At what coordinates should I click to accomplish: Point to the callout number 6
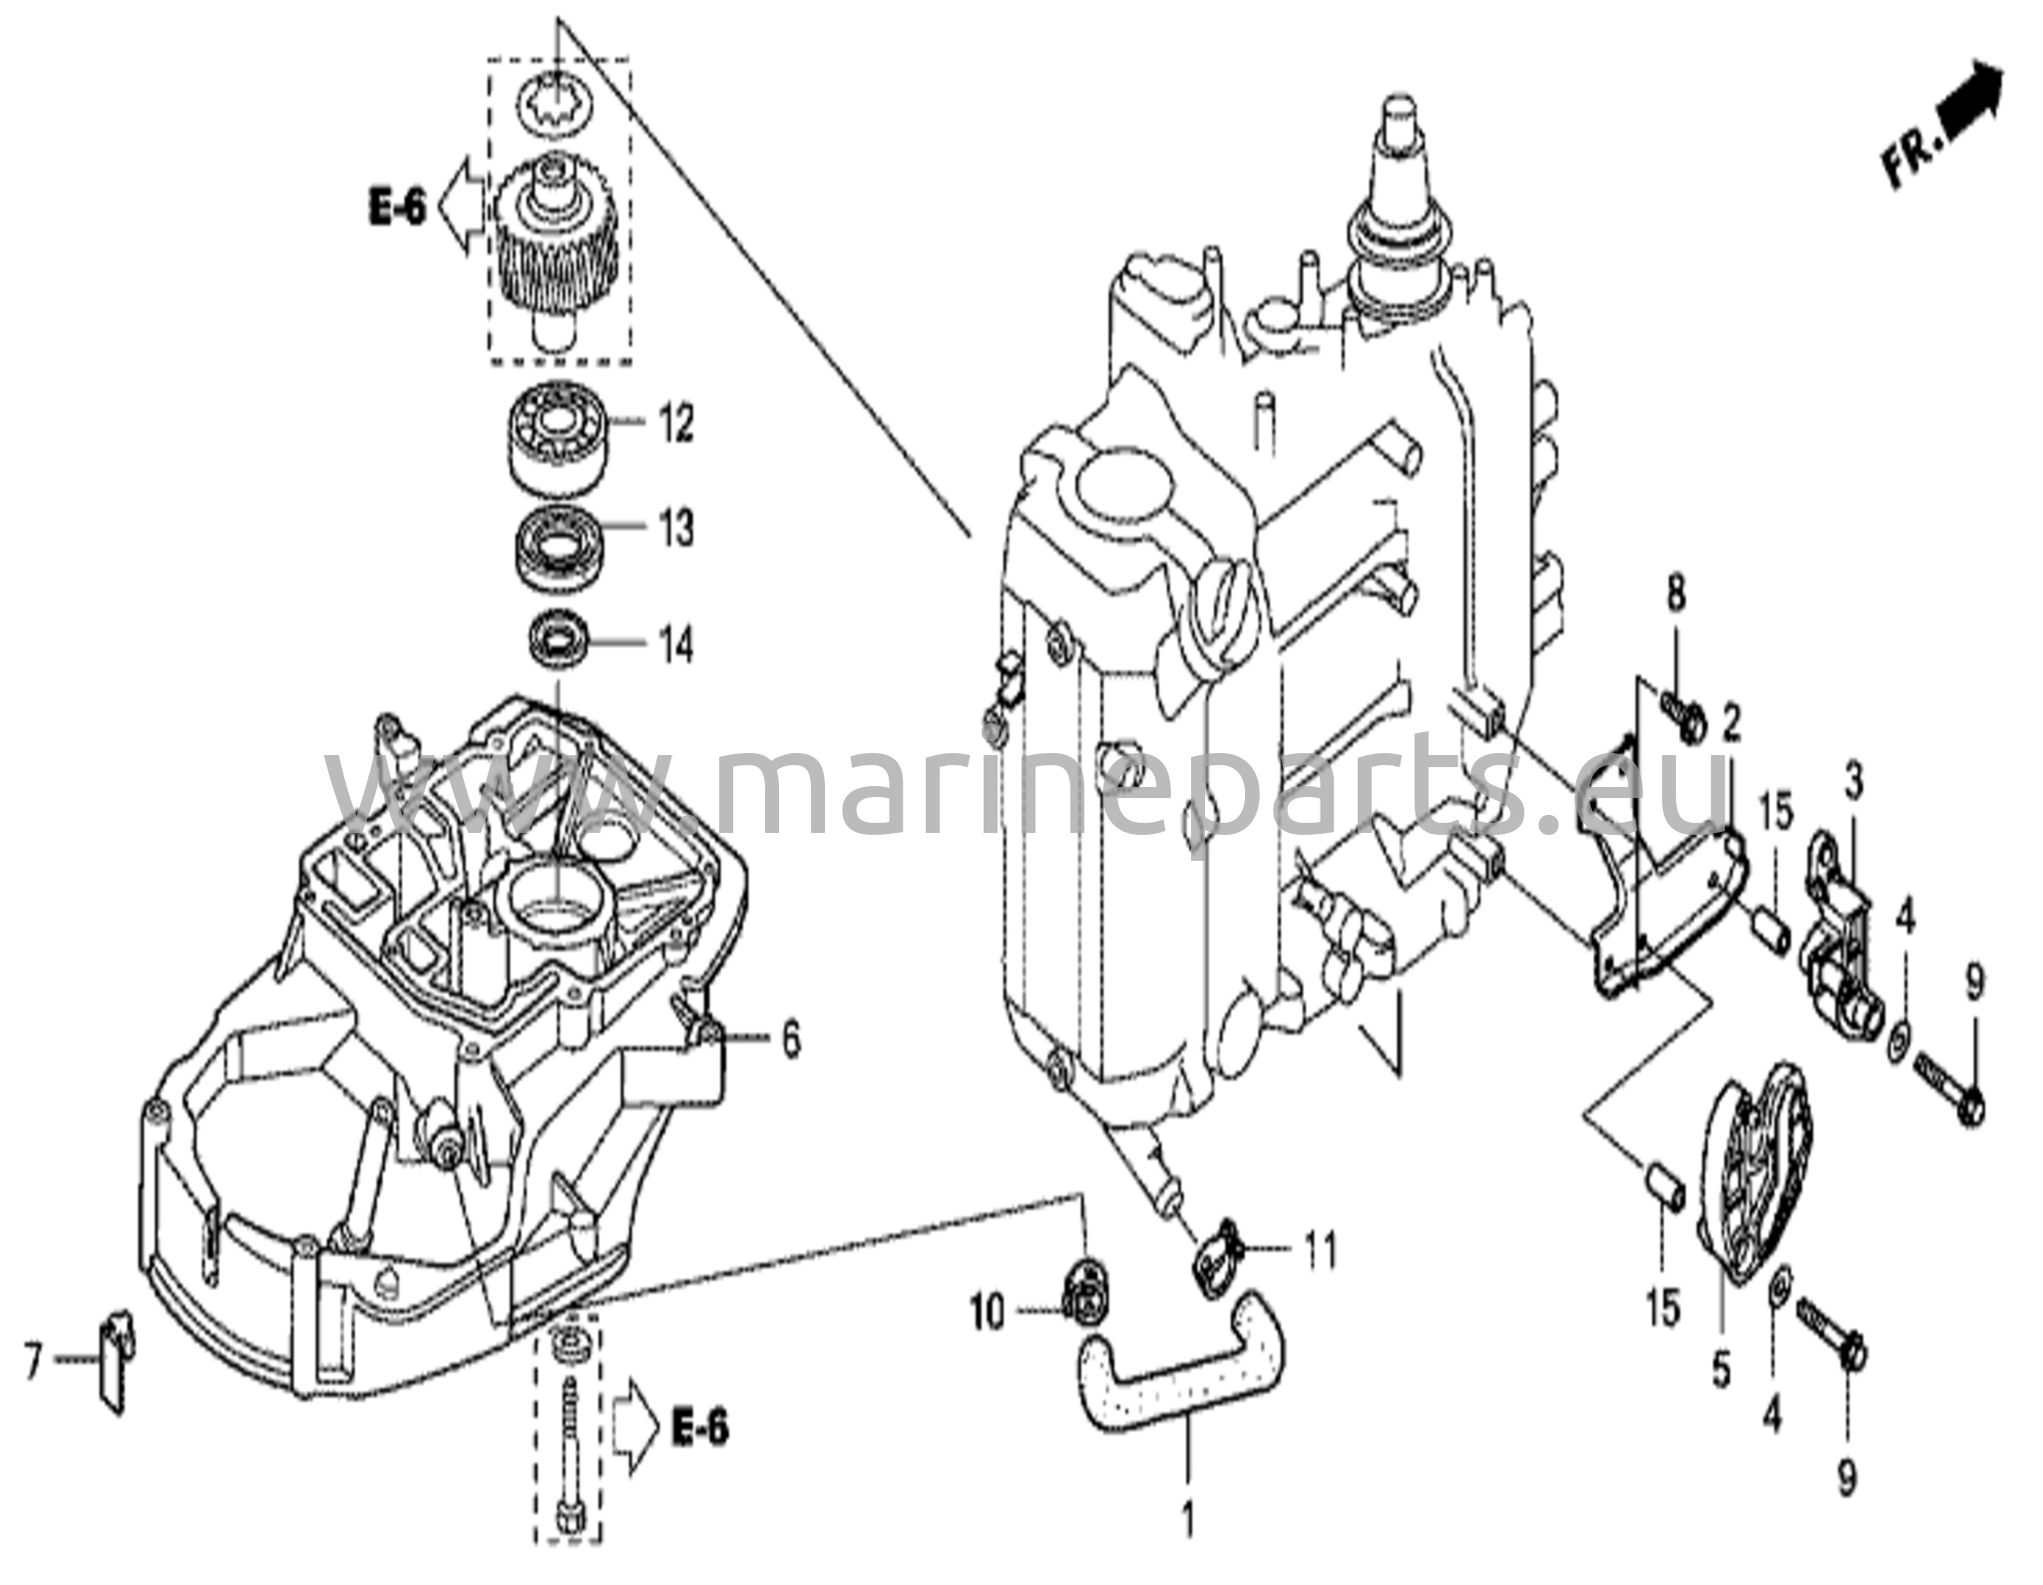pyautogui.click(x=790, y=1041)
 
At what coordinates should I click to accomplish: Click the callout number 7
pyautogui.click(x=33, y=1361)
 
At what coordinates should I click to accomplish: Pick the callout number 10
pyautogui.click(x=987, y=1314)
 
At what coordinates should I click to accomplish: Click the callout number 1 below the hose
pyautogui.click(x=1187, y=1521)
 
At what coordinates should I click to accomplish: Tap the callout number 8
pyautogui.click(x=1676, y=595)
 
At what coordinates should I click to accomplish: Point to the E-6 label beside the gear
pyautogui.click(x=397, y=208)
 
